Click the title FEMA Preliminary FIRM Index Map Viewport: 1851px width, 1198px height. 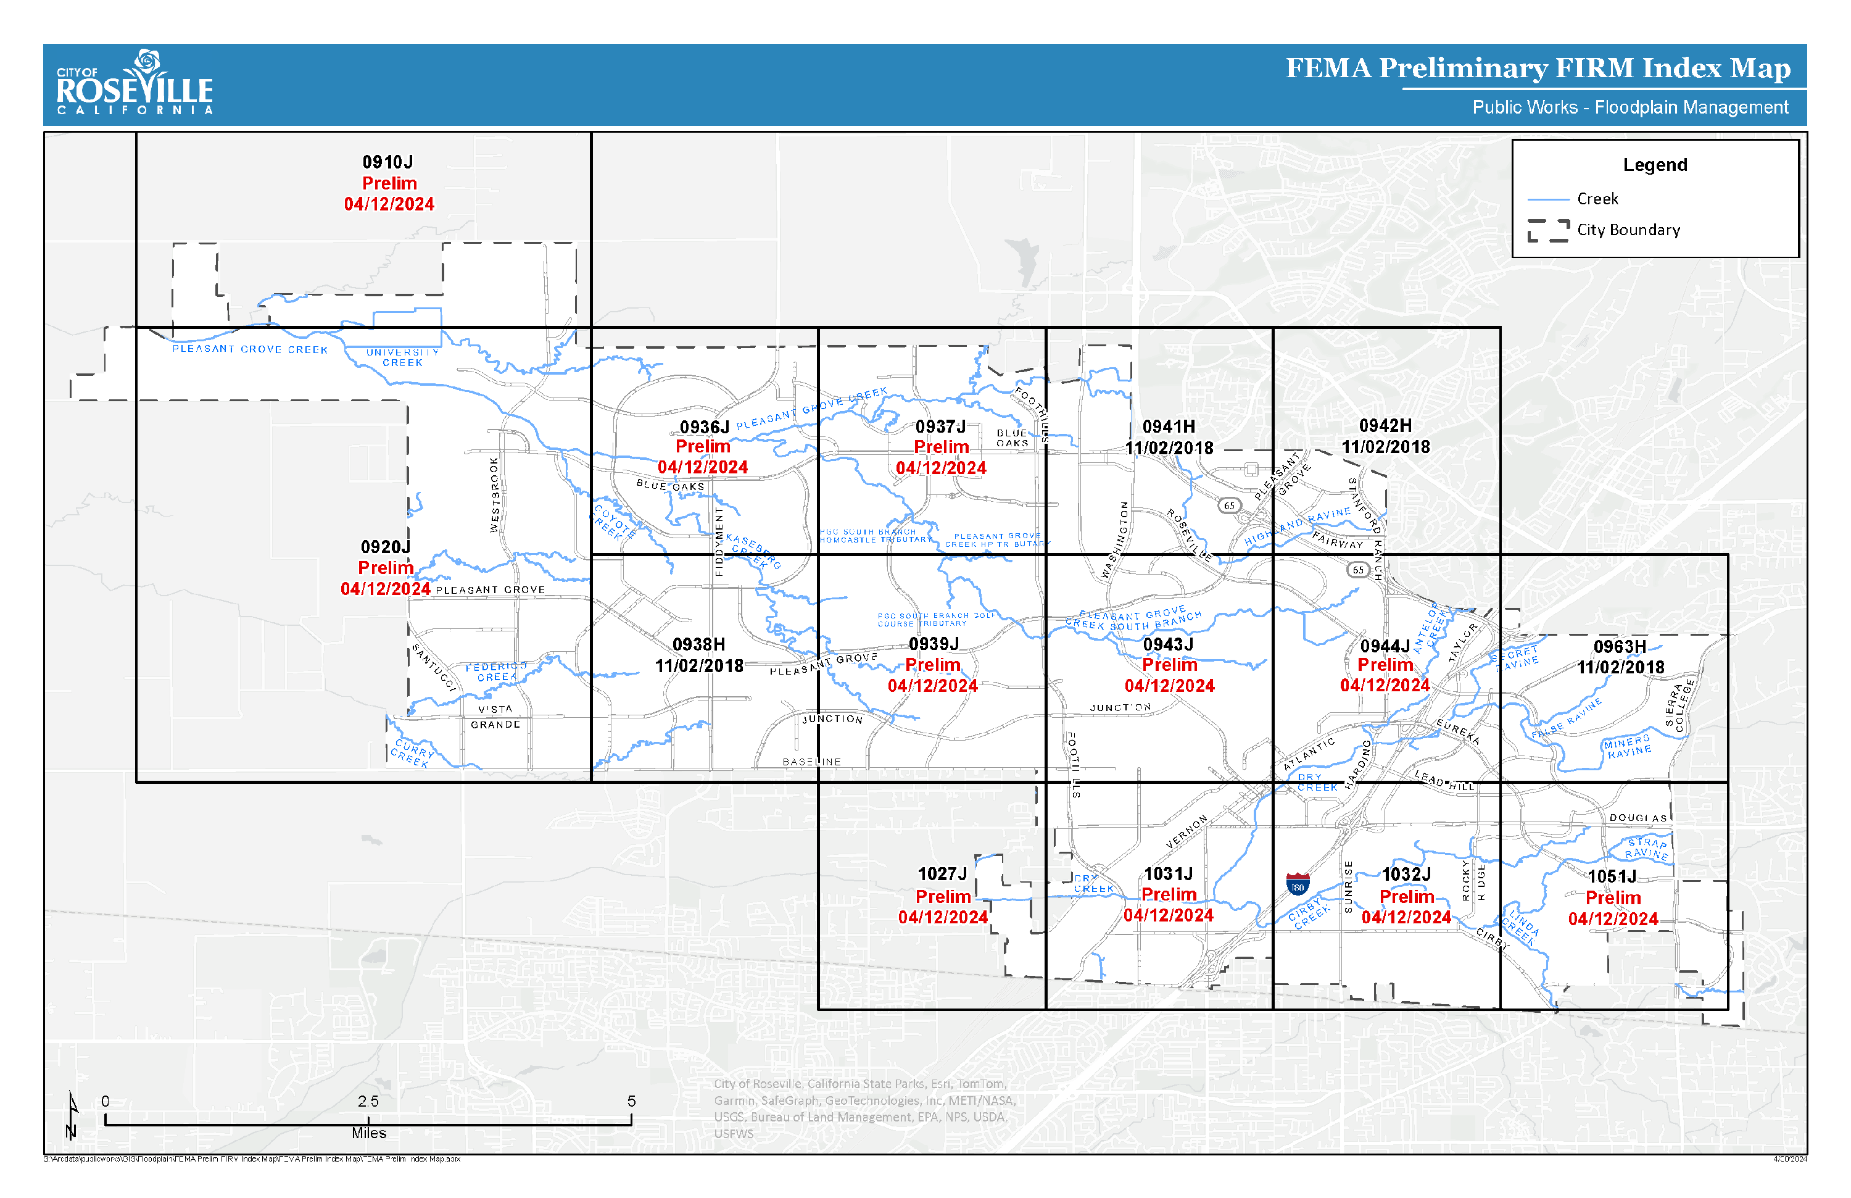click(1537, 69)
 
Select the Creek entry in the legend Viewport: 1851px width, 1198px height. click(1597, 199)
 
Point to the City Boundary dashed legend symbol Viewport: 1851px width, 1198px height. click(1547, 230)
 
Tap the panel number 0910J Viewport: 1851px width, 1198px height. click(387, 162)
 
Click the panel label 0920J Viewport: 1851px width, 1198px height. click(385, 547)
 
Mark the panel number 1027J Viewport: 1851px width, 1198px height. click(942, 875)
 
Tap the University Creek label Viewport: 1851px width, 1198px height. click(403, 358)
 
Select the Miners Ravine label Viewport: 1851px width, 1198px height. click(1627, 747)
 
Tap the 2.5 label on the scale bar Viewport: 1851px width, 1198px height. click(368, 1102)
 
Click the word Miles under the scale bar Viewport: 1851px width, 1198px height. click(368, 1133)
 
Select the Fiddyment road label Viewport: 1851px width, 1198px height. click(719, 542)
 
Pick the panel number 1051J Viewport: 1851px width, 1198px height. click(1612, 876)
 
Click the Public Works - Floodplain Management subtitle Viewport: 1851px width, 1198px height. click(1629, 107)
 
